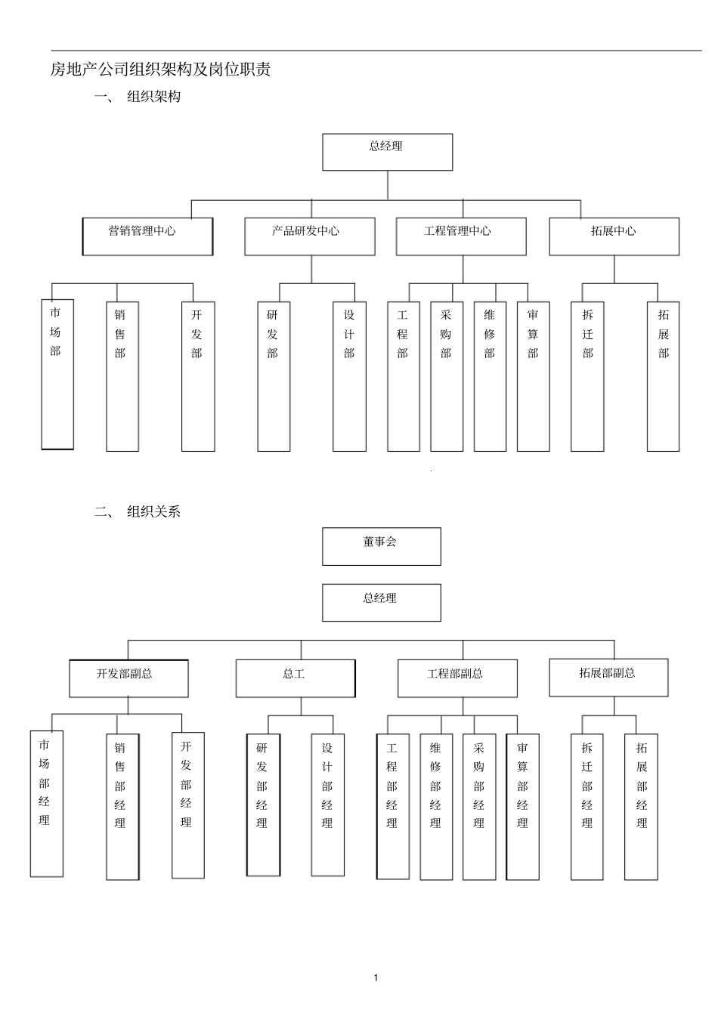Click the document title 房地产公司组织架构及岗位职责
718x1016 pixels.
click(x=160, y=69)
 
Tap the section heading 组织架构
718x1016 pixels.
click(x=153, y=97)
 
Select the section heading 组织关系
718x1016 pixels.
click(x=153, y=511)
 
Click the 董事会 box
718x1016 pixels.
click(x=381, y=546)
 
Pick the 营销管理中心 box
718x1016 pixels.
click(x=147, y=236)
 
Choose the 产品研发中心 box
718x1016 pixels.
click(x=309, y=236)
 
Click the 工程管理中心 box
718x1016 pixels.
click(x=461, y=236)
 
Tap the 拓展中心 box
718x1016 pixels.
click(x=614, y=236)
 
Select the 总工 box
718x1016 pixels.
click(x=295, y=678)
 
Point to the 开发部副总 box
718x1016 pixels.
click(x=128, y=678)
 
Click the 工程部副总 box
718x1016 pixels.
click(x=457, y=678)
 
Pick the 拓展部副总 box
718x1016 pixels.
click(x=608, y=677)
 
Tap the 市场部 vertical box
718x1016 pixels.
click(x=57, y=374)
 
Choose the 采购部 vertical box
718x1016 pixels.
click(x=447, y=376)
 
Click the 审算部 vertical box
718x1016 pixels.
click(x=534, y=376)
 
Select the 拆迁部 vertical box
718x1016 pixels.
click(x=587, y=376)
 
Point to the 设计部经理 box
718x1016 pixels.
click(x=327, y=804)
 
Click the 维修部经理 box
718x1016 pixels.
click(x=436, y=807)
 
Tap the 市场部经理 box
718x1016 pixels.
click(x=46, y=803)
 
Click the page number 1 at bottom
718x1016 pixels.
click(x=376, y=978)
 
